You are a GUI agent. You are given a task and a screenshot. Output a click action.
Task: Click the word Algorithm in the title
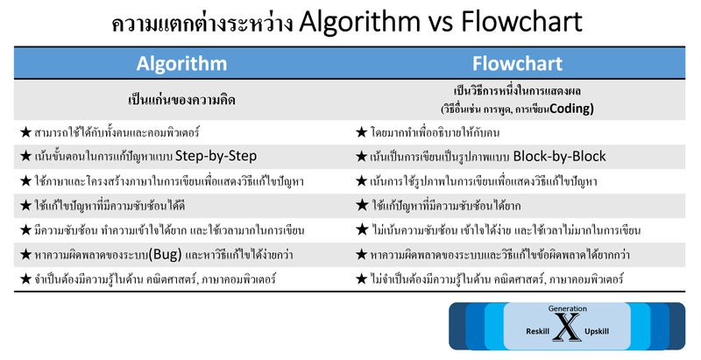coord(365,23)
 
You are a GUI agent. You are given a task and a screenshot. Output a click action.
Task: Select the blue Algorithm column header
coord(181,64)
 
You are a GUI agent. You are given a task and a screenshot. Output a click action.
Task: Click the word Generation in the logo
coord(568,309)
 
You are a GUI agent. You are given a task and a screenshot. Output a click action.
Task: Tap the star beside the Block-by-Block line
coord(361,157)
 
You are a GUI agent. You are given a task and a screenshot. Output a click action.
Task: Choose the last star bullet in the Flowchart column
coord(361,279)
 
